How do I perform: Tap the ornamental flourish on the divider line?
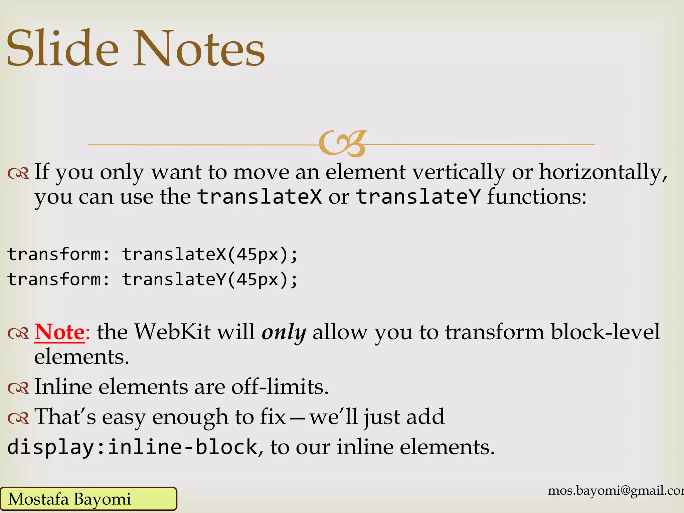(342, 144)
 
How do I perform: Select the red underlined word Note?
(60, 332)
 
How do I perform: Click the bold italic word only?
(284, 333)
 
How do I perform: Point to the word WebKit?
(172, 332)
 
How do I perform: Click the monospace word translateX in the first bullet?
(260, 197)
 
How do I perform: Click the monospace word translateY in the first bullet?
(418, 197)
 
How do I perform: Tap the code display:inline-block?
(132, 447)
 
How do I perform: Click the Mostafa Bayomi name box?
(88, 499)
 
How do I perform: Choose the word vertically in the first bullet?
(459, 172)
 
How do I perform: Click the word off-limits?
(280, 387)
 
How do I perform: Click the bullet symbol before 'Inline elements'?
(19, 388)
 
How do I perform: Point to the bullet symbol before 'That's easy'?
(19, 418)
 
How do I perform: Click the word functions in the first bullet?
(536, 197)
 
